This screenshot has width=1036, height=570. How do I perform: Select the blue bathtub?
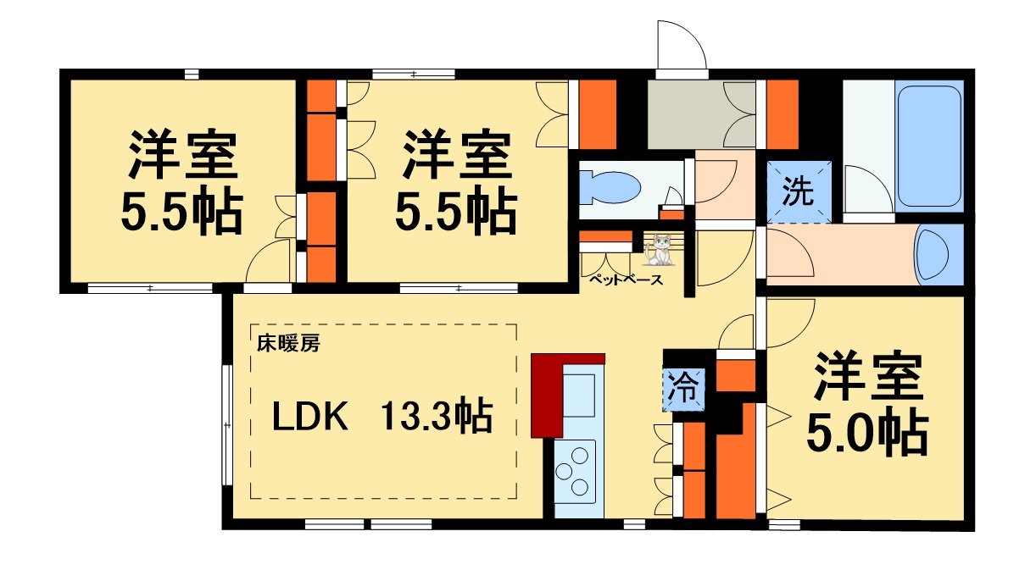tap(929, 145)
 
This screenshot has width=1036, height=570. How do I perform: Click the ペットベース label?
tap(627, 280)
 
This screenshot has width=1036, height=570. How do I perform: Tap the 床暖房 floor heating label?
tap(288, 344)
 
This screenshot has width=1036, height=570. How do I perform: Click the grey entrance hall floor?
tap(687, 114)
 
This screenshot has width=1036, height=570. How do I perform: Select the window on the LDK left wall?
tap(227, 424)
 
